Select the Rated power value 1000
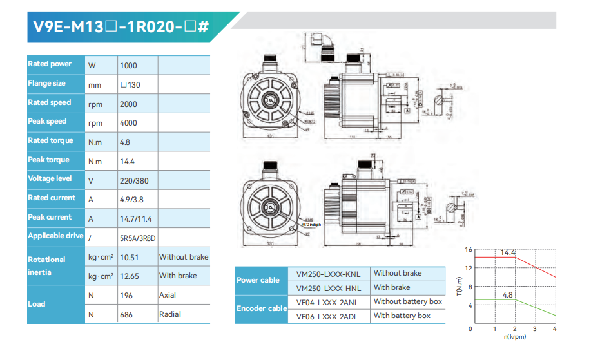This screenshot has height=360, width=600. pos(128,65)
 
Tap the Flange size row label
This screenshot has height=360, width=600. pos(46,84)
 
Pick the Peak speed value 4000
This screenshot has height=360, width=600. pos(128,123)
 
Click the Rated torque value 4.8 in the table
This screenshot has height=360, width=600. pos(125,142)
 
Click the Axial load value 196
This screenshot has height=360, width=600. pos(126,296)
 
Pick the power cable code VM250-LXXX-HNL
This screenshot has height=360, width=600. pos(328,288)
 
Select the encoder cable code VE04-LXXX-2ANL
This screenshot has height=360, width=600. pos(328,301)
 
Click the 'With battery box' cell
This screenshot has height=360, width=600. pos(402,316)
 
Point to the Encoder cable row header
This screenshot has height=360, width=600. pos(261,308)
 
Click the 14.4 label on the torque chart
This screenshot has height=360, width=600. pos(508,253)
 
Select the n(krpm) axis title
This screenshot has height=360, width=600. pos(514,336)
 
